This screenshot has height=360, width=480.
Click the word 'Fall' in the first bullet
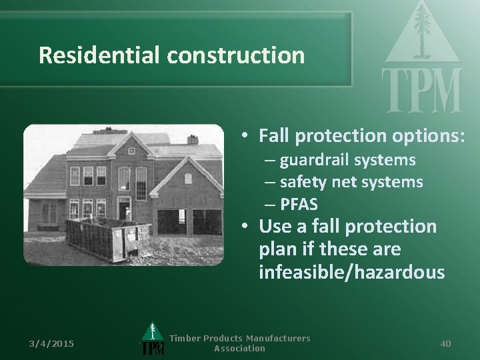pyautogui.click(x=275, y=135)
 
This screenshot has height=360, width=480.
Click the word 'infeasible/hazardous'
pyautogui.click(x=351, y=272)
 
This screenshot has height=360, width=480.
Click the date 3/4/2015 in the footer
pyautogui.click(x=52, y=343)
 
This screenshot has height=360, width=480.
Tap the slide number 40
pyautogui.click(x=445, y=343)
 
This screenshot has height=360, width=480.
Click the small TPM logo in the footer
pyautogui.click(x=153, y=341)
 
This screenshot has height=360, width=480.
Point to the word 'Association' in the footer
pyautogui.click(x=239, y=349)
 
